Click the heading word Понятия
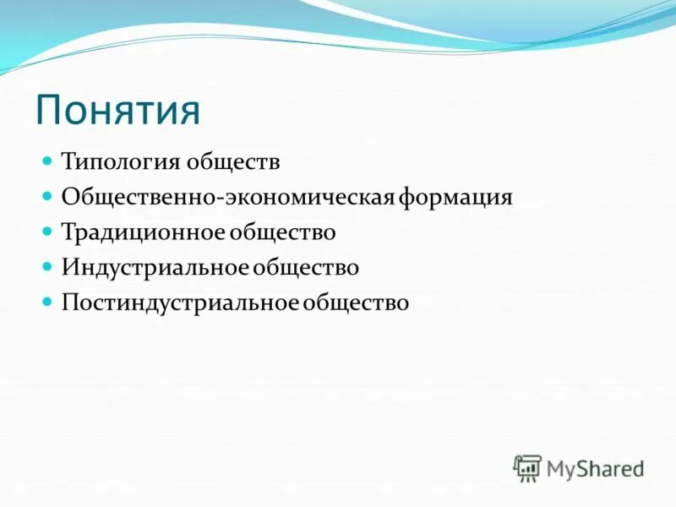click(x=117, y=111)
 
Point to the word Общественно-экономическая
click(x=229, y=197)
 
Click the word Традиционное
click(x=138, y=232)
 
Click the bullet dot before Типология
click(x=48, y=159)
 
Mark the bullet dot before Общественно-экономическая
click(x=48, y=194)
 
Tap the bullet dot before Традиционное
click(x=48, y=230)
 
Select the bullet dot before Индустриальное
click(x=48, y=265)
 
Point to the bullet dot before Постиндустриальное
click(x=48, y=301)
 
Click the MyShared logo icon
click(x=527, y=467)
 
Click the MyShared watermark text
click(x=595, y=467)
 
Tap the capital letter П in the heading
click(x=48, y=111)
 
